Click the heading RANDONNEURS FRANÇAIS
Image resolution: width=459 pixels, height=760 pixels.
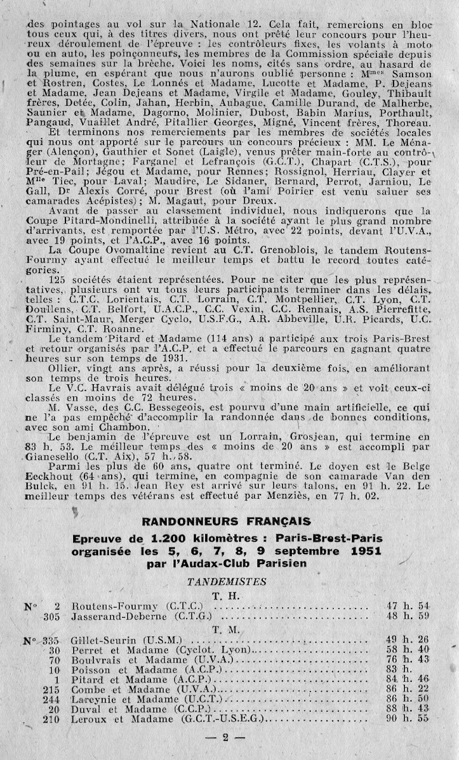pyautogui.click(x=226, y=521)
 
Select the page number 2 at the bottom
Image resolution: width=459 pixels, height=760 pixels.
pyautogui.click(x=226, y=738)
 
